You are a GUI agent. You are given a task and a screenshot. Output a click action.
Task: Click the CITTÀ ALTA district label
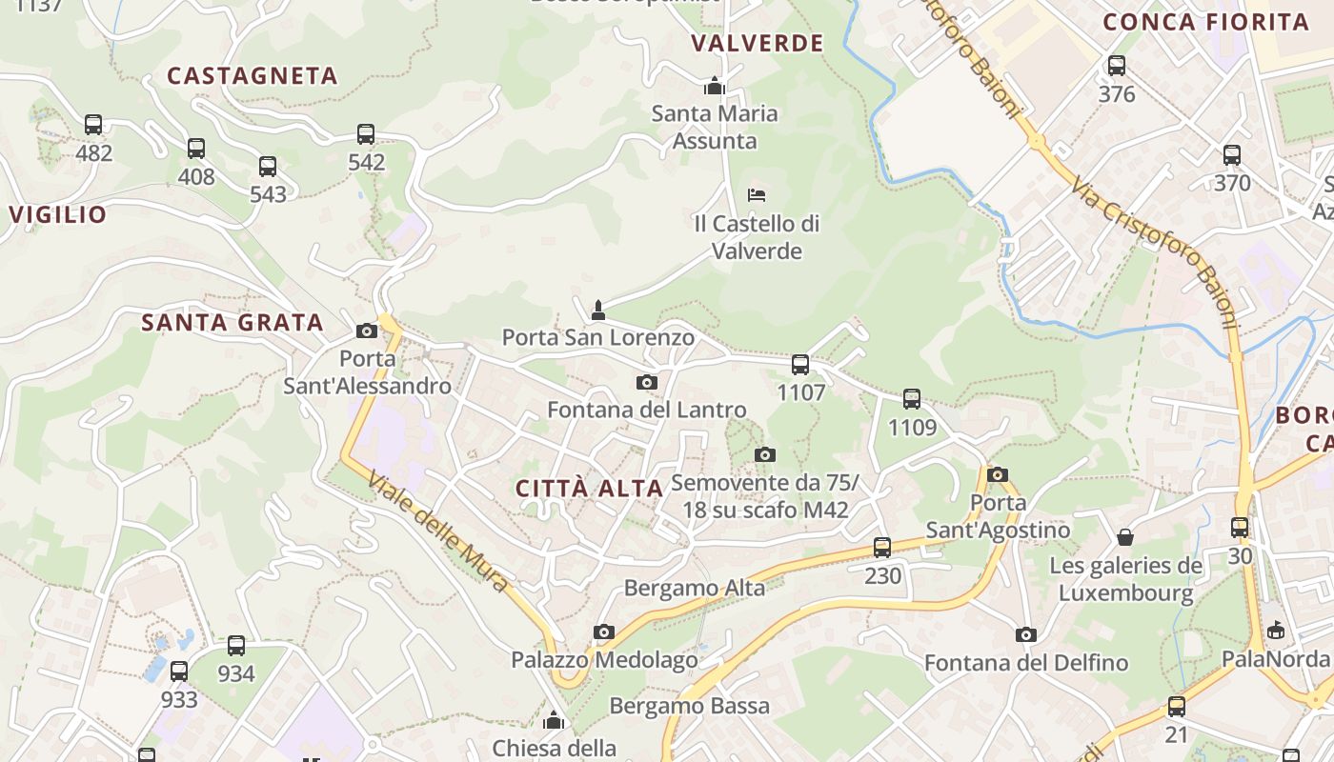(x=589, y=489)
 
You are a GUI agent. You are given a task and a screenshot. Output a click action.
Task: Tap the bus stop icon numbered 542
(x=366, y=134)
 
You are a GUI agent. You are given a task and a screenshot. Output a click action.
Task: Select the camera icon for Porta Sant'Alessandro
(x=366, y=331)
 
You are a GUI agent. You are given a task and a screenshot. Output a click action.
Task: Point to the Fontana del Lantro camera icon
(x=647, y=382)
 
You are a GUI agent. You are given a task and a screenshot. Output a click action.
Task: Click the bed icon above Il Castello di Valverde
(x=757, y=195)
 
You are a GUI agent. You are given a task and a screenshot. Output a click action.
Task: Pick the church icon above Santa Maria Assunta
(x=715, y=86)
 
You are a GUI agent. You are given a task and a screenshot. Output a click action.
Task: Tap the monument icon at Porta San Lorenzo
(x=598, y=310)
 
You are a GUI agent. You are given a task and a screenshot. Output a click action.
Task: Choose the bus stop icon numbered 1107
(x=800, y=364)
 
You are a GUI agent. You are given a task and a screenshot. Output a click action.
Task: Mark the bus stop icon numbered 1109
(x=912, y=399)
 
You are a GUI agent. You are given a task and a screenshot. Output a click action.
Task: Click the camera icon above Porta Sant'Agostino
(x=998, y=474)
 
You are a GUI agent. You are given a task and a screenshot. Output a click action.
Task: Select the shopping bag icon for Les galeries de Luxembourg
(x=1125, y=537)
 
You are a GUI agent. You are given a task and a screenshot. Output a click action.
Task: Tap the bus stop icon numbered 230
(x=882, y=548)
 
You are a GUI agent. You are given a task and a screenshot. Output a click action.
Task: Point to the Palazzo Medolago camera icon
(x=603, y=632)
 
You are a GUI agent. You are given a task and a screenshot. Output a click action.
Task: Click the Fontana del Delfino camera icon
(x=1026, y=634)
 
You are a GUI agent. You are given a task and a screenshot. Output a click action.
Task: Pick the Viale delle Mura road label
(x=437, y=533)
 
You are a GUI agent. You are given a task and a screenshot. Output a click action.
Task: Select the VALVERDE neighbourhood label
(x=758, y=43)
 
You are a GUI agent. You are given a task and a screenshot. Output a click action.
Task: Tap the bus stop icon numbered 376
(x=1117, y=66)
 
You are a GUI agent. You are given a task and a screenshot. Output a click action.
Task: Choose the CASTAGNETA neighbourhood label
(x=253, y=76)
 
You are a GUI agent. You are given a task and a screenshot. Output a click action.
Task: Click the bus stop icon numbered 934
(x=236, y=646)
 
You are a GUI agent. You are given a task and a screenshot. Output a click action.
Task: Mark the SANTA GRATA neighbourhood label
(x=232, y=323)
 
